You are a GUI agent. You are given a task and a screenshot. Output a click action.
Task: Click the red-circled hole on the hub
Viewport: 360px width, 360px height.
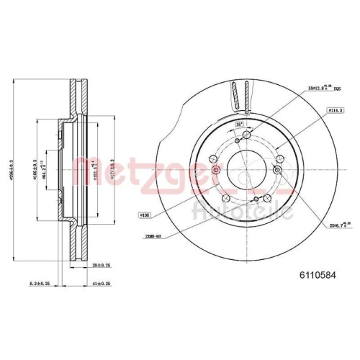click(x=217, y=171)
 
